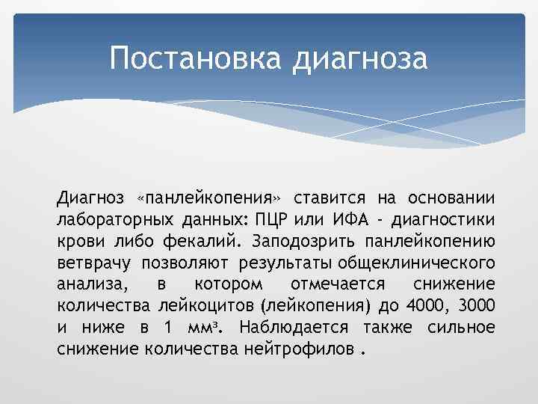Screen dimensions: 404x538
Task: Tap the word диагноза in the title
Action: tap(360, 59)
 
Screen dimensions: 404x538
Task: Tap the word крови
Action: tap(77, 242)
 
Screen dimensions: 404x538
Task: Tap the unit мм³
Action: tap(214, 328)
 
